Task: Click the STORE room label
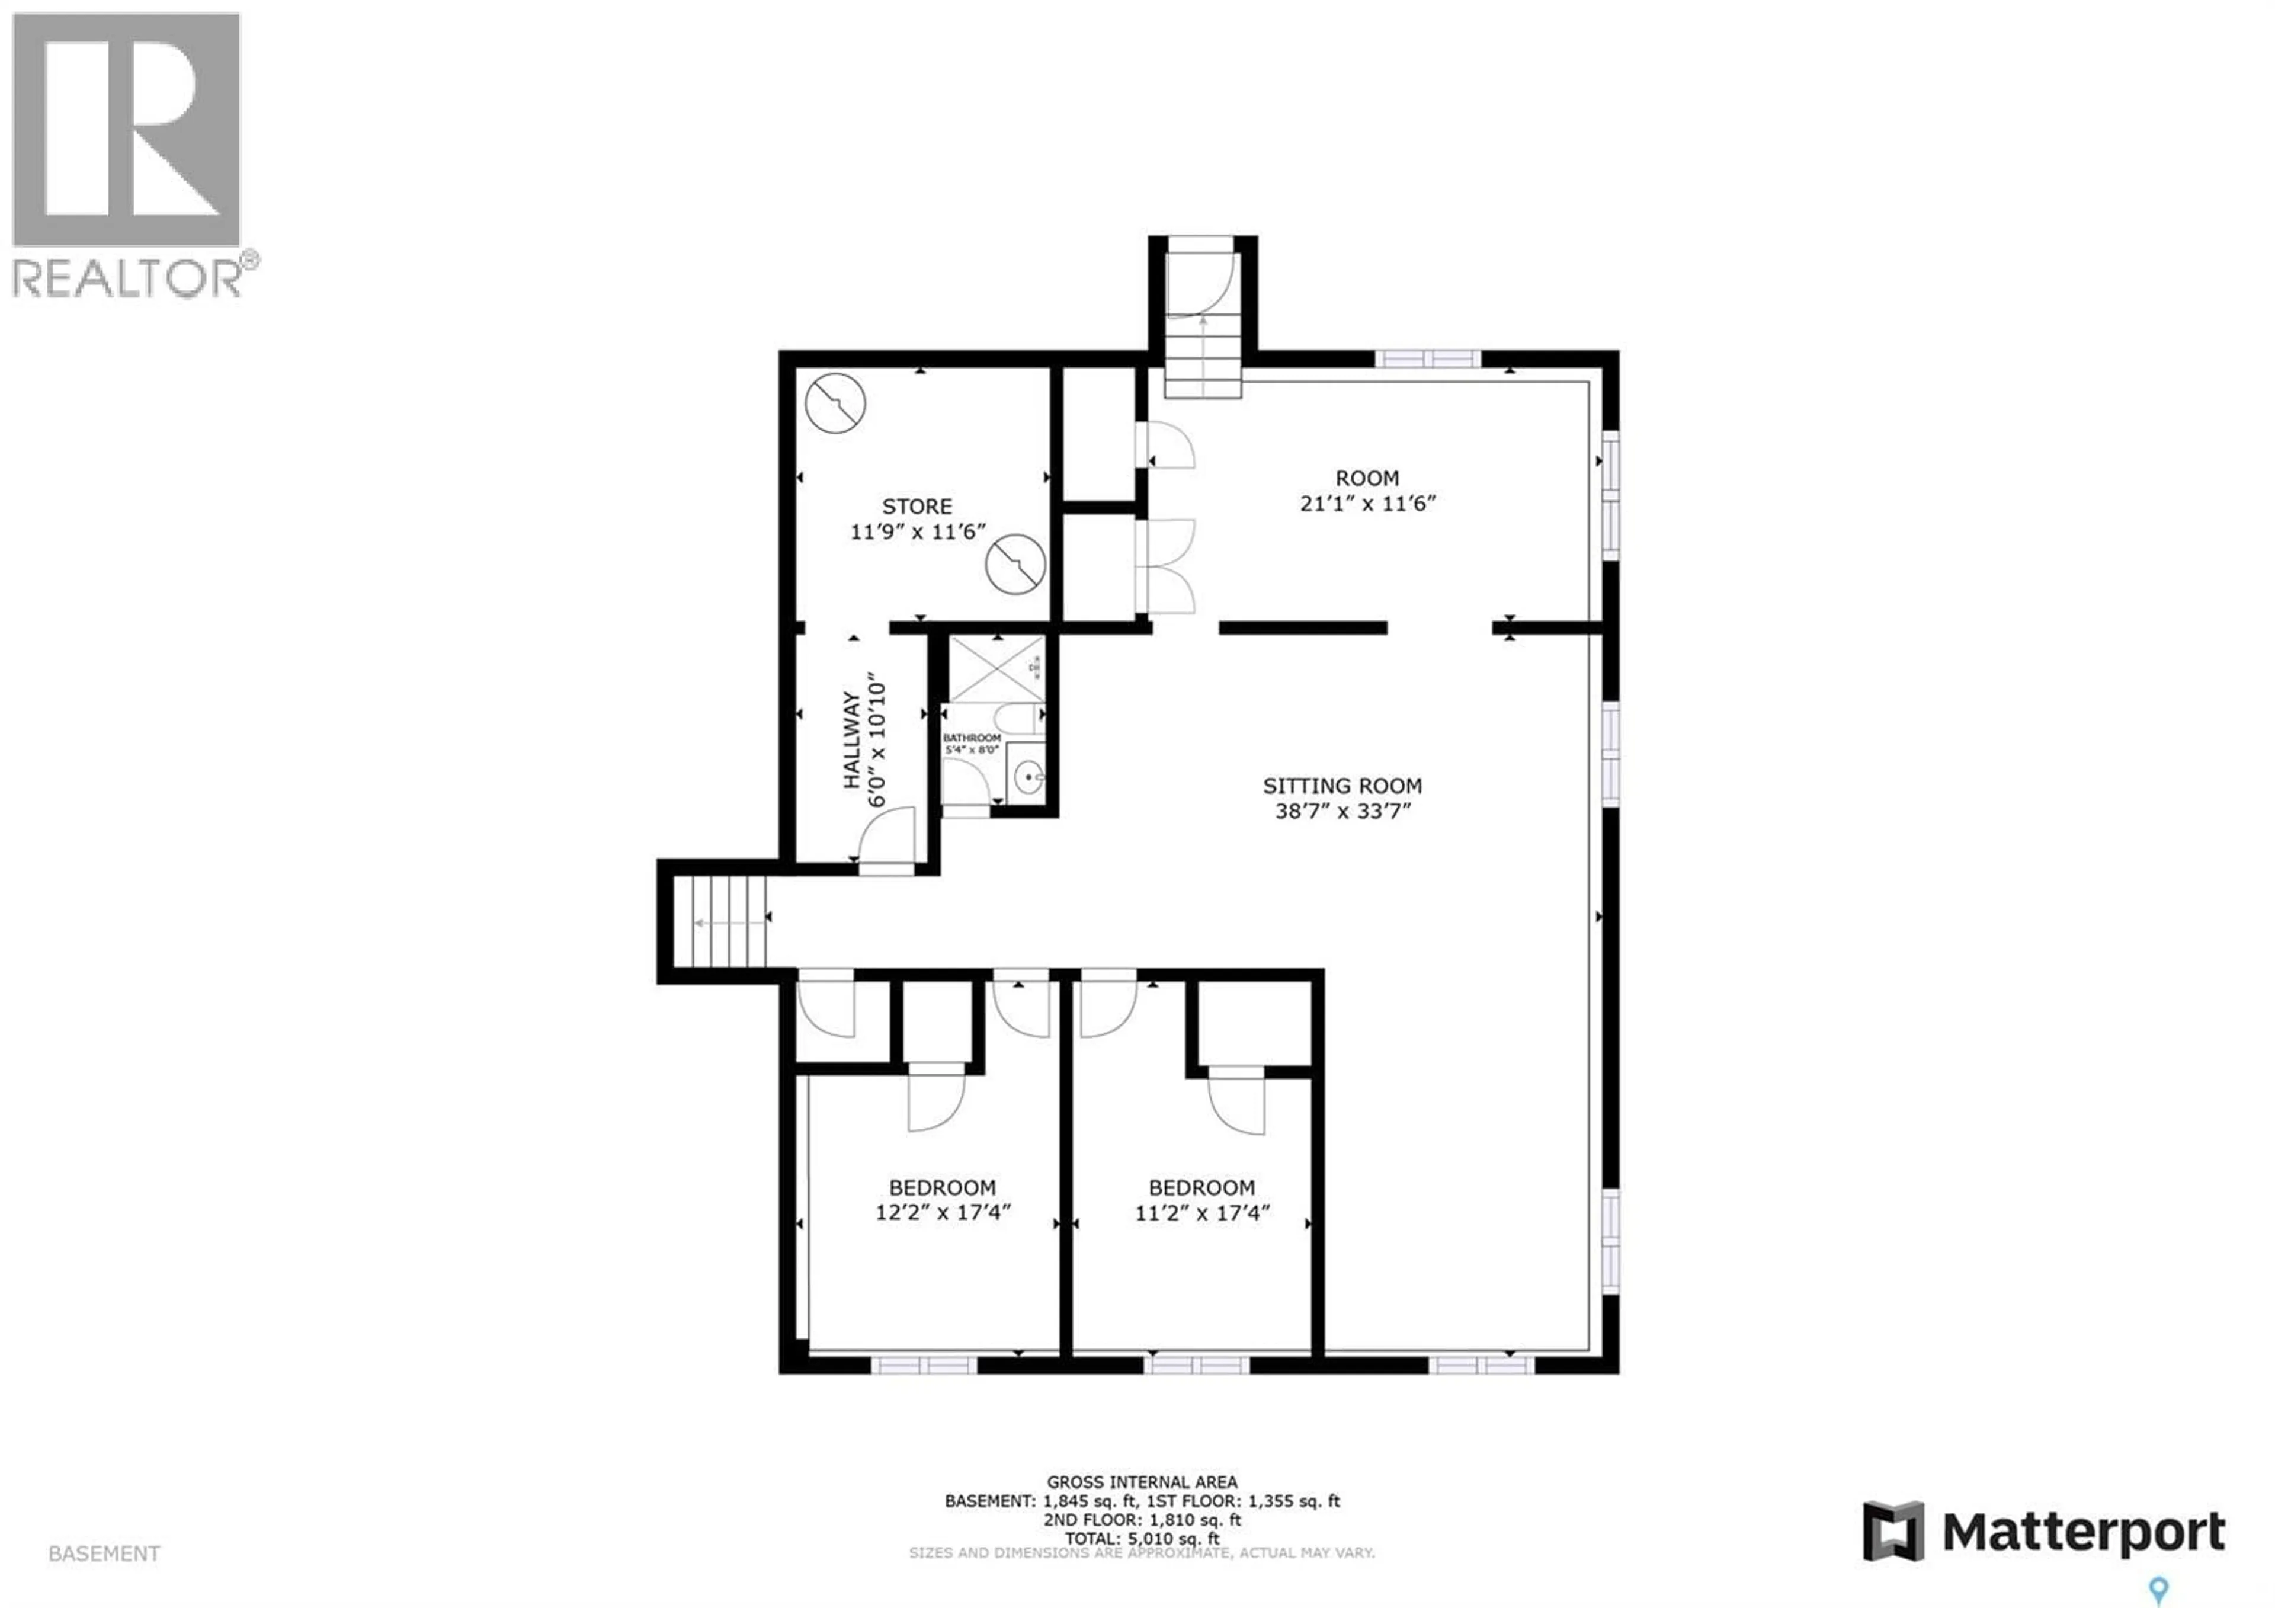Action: click(x=917, y=507)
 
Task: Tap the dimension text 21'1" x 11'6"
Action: click(x=1367, y=503)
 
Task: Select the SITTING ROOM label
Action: click(x=1342, y=786)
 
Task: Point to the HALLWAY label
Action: click(x=851, y=740)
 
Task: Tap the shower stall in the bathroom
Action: click(x=996, y=669)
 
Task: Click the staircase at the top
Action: click(x=1202, y=357)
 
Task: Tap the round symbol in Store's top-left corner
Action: click(x=835, y=403)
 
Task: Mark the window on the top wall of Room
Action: click(x=1427, y=358)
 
